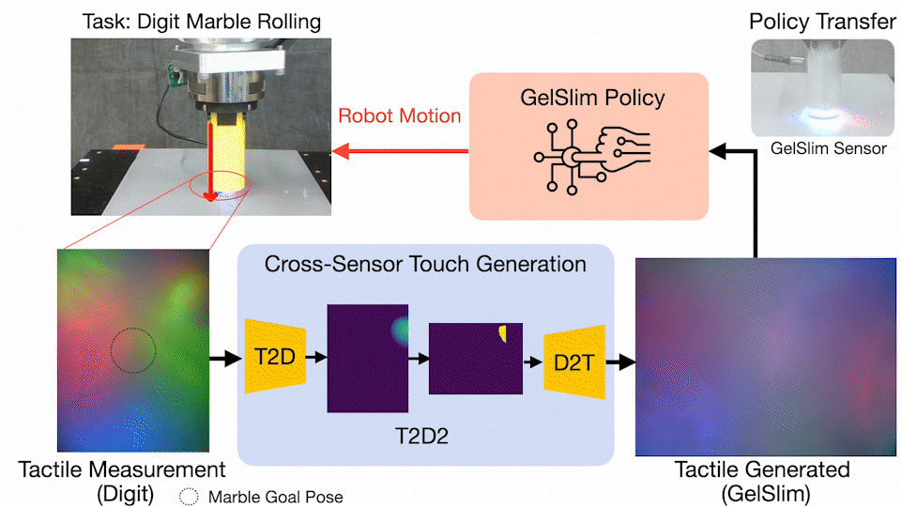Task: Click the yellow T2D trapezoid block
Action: point(275,357)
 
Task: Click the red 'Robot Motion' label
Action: point(400,116)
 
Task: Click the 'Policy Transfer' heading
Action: point(819,21)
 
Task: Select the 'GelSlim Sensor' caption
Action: point(819,148)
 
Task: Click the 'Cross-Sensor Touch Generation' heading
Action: point(425,264)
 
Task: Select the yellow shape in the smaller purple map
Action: point(503,333)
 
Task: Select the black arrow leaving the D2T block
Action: point(619,361)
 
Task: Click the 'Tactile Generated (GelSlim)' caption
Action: point(762,478)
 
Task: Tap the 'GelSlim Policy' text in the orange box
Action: point(586,99)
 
